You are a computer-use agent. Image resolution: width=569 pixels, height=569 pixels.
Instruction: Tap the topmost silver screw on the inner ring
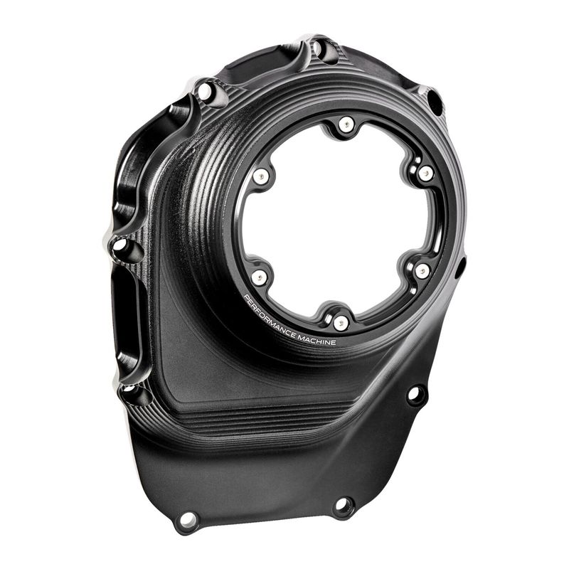pyautogui.click(x=346, y=124)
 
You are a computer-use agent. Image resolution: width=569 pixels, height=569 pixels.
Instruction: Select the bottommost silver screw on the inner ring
pyautogui.click(x=340, y=323)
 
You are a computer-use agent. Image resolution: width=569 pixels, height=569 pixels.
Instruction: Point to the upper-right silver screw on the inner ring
pyautogui.click(x=425, y=173)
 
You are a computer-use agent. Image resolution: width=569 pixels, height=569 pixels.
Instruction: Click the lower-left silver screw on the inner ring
pyautogui.click(x=259, y=277)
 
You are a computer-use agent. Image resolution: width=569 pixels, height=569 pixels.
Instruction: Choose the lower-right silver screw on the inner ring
pyautogui.click(x=422, y=271)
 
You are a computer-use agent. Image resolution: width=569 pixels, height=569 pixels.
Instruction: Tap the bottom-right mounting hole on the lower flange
pyautogui.click(x=343, y=504)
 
